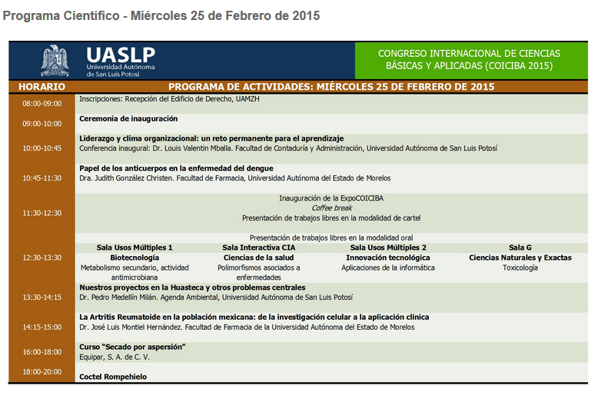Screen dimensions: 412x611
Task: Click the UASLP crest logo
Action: (x=55, y=61)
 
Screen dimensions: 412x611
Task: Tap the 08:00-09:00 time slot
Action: (x=42, y=104)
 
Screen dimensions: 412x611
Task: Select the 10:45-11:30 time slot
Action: (x=42, y=178)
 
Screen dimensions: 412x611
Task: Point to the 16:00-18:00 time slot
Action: (x=42, y=352)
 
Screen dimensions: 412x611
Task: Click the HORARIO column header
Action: (x=42, y=87)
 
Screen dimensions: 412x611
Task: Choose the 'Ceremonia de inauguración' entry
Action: (x=128, y=118)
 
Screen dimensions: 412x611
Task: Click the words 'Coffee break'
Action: (x=331, y=208)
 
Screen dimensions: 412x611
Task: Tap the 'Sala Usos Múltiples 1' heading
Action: (x=134, y=248)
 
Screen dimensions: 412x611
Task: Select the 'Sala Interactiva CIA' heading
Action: (x=258, y=248)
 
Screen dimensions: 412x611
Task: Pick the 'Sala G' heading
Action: (x=520, y=248)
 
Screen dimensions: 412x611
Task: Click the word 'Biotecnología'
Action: (x=134, y=257)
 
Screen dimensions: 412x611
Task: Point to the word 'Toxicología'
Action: (x=520, y=267)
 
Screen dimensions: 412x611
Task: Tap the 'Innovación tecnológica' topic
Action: (x=387, y=257)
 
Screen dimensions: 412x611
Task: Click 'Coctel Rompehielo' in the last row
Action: (x=113, y=377)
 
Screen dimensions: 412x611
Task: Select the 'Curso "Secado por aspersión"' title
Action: (x=132, y=347)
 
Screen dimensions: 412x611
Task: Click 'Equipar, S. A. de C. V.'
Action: (x=115, y=357)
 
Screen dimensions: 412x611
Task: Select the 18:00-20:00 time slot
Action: (x=42, y=372)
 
